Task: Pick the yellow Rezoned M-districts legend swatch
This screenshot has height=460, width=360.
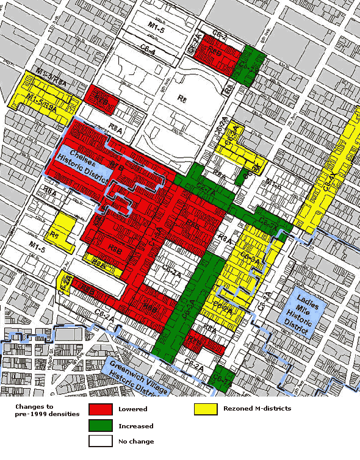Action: tap(209, 409)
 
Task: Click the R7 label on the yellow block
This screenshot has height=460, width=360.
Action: tap(54, 235)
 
